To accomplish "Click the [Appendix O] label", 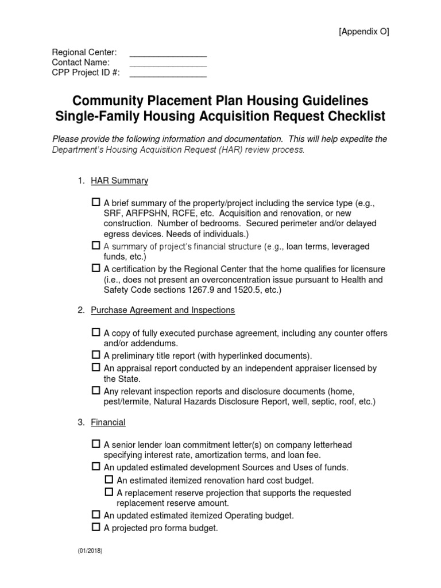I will coord(363,32).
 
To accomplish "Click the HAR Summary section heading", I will coord(119,181).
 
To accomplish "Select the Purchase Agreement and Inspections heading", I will coord(163,310).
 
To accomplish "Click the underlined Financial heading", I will coord(108,422).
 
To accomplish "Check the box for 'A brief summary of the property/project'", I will coord(96,203).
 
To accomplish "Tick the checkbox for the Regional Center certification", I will coord(96,268).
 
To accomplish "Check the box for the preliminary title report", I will coord(96,355).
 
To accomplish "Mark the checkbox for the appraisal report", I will coord(96,367).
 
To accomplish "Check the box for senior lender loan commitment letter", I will coord(96,444).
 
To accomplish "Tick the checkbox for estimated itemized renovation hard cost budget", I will coord(109,479).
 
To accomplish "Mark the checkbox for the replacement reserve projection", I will coord(109,492).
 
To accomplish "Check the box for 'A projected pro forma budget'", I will coord(96,527).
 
